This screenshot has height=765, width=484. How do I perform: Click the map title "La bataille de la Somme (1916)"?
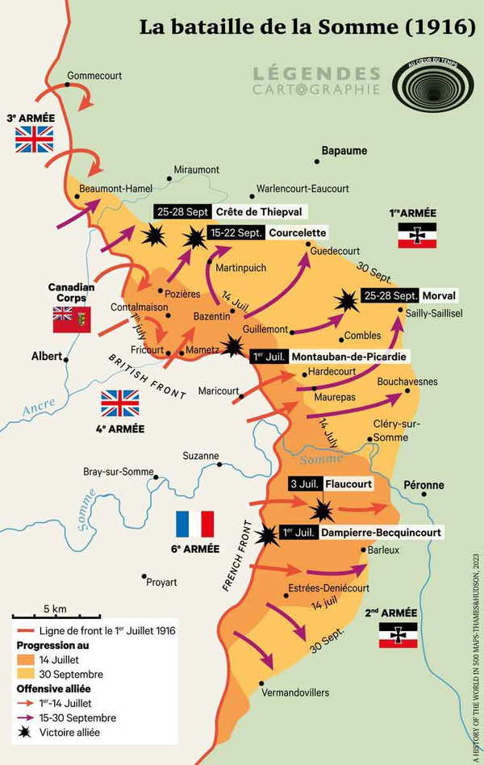pyautogui.click(x=307, y=26)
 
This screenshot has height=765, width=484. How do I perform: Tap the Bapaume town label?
pyautogui.click(x=344, y=151)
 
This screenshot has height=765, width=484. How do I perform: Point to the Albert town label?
pyautogui.click(x=46, y=355)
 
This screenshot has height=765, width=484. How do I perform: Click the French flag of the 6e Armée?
pyautogui.click(x=194, y=525)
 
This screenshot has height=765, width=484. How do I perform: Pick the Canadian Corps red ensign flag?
pyautogui.click(x=72, y=320)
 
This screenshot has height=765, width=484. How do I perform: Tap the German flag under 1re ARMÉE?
pyautogui.click(x=416, y=235)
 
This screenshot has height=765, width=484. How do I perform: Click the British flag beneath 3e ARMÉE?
pyautogui.click(x=35, y=139)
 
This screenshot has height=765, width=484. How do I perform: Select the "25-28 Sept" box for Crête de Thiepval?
pyautogui.click(x=182, y=211)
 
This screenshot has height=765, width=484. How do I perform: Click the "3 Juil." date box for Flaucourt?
pyautogui.click(x=306, y=484)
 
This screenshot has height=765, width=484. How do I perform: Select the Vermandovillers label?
pyautogui.click(x=295, y=692)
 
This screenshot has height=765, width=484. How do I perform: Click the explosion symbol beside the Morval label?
pyautogui.click(x=347, y=301)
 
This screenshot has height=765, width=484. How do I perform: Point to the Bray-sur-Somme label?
pyautogui.click(x=119, y=472)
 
